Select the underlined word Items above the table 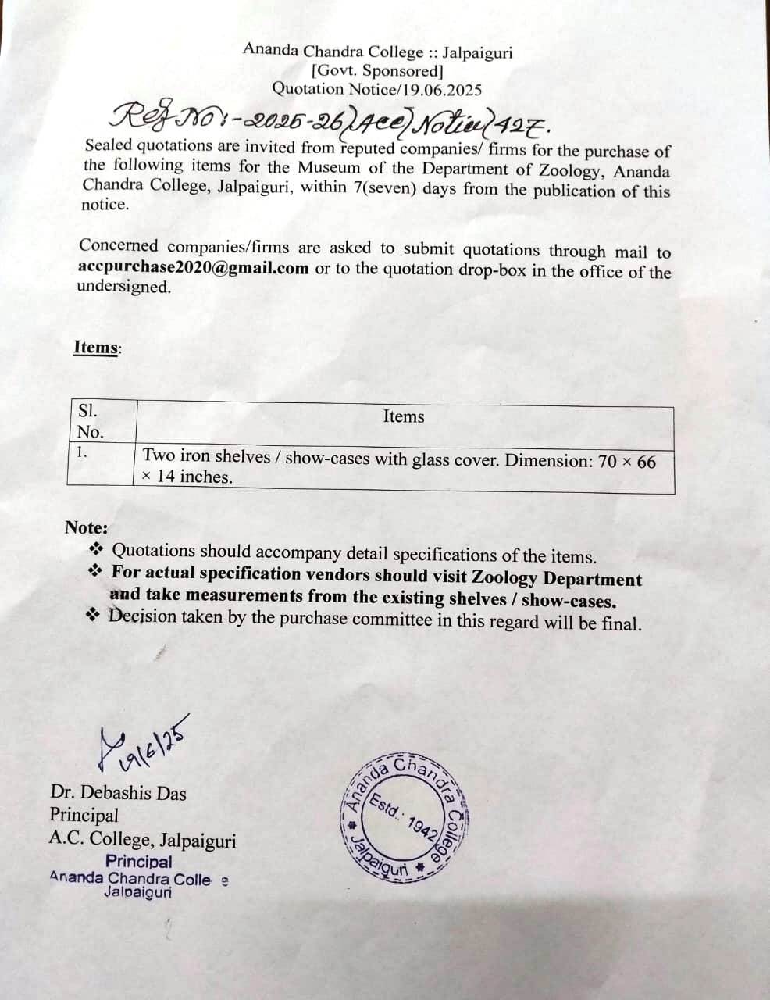click(x=95, y=347)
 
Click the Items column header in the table click(x=404, y=416)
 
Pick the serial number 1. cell click(x=81, y=452)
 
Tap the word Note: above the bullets click(x=87, y=527)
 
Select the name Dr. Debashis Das click(x=118, y=793)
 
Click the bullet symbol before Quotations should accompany click(x=97, y=548)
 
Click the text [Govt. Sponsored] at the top click(x=377, y=71)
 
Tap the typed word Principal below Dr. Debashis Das click(x=84, y=815)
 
